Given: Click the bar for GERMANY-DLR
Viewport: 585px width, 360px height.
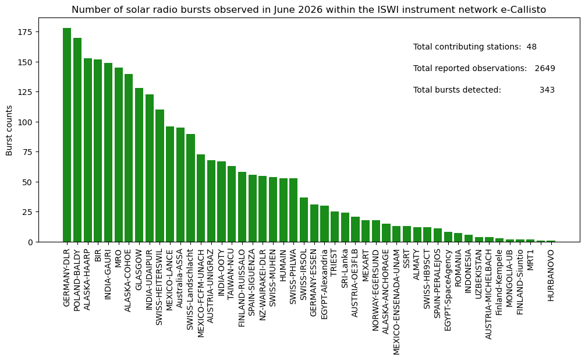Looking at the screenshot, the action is coord(67,135).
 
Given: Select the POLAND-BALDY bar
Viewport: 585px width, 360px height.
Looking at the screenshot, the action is coord(77,140).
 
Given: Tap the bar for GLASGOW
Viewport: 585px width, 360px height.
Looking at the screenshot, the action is coord(139,165).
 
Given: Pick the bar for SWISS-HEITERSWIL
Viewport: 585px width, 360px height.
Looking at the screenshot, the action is coord(159,176).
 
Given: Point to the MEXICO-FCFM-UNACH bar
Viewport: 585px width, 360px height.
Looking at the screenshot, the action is coord(201,198).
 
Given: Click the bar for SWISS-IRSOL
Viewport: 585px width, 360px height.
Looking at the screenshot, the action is coord(304,220).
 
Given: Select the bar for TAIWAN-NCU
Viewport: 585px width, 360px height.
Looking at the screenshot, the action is coord(232,204).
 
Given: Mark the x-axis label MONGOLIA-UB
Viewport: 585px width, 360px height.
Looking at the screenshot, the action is coord(510,278).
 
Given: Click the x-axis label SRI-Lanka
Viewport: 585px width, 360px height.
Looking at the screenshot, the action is coord(345,269).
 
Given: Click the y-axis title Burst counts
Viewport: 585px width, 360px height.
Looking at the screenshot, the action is coord(9,130).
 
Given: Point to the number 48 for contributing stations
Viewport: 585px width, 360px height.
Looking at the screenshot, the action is coord(531,47).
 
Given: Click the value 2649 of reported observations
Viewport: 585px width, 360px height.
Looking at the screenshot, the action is coord(545,68).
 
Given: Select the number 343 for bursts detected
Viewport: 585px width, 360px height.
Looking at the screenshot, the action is coord(547,90).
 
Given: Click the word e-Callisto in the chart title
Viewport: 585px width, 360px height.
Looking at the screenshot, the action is coord(527,10).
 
